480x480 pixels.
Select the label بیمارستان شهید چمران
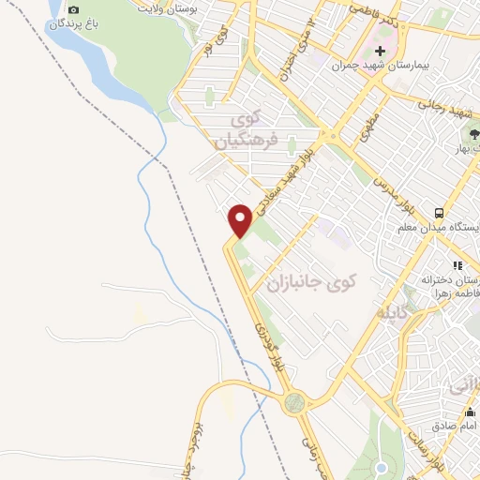coord(381,67)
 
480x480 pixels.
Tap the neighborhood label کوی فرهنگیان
coord(247,132)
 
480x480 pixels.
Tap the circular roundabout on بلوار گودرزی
coord(295,402)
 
